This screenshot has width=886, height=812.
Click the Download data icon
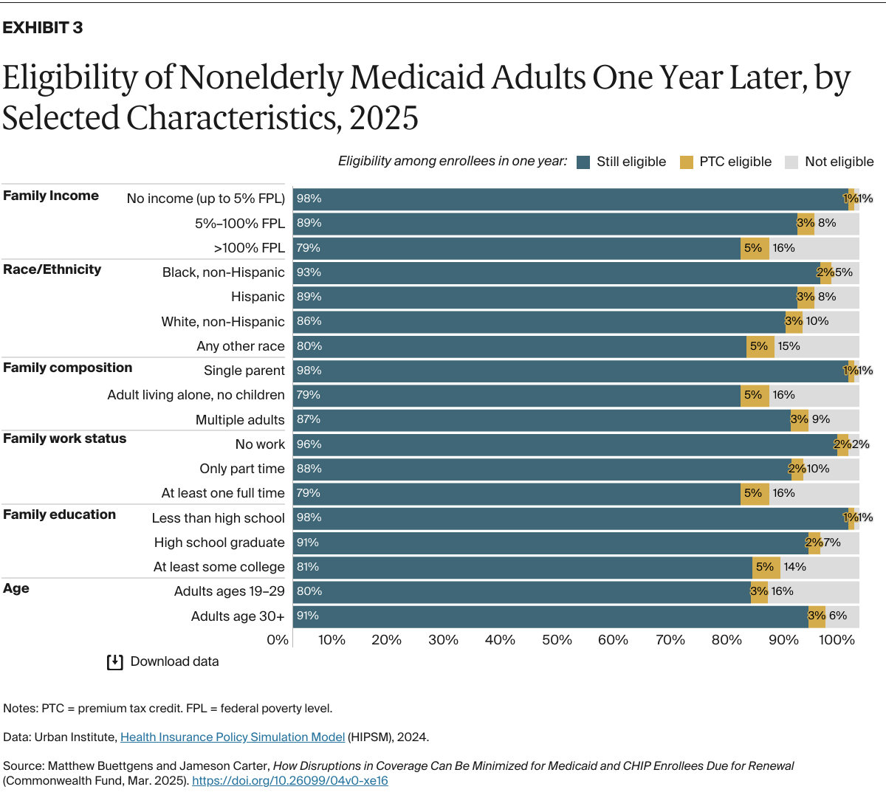(x=114, y=662)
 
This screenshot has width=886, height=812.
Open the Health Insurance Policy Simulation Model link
(x=233, y=737)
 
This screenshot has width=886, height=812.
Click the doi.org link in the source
(x=289, y=780)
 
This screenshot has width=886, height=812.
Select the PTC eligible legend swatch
(x=687, y=162)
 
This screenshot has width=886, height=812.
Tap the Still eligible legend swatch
(x=583, y=162)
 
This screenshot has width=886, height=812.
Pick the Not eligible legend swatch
(x=791, y=162)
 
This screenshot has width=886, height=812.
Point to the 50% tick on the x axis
(x=557, y=640)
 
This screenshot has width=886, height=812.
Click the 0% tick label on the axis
(x=278, y=640)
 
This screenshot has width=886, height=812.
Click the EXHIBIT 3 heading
(x=43, y=28)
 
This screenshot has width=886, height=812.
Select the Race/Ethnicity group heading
(x=52, y=269)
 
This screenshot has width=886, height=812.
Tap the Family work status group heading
(x=64, y=438)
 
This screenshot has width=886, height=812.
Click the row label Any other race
(x=240, y=346)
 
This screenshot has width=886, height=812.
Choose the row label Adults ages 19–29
(x=229, y=591)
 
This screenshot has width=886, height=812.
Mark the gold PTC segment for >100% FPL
(x=755, y=248)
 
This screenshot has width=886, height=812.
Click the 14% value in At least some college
(x=795, y=567)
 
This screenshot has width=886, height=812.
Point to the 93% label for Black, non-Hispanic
(x=309, y=272)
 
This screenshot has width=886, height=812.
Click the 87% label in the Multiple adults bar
(x=309, y=419)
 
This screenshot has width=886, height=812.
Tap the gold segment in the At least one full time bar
(x=755, y=493)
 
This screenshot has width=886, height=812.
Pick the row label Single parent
(x=244, y=371)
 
